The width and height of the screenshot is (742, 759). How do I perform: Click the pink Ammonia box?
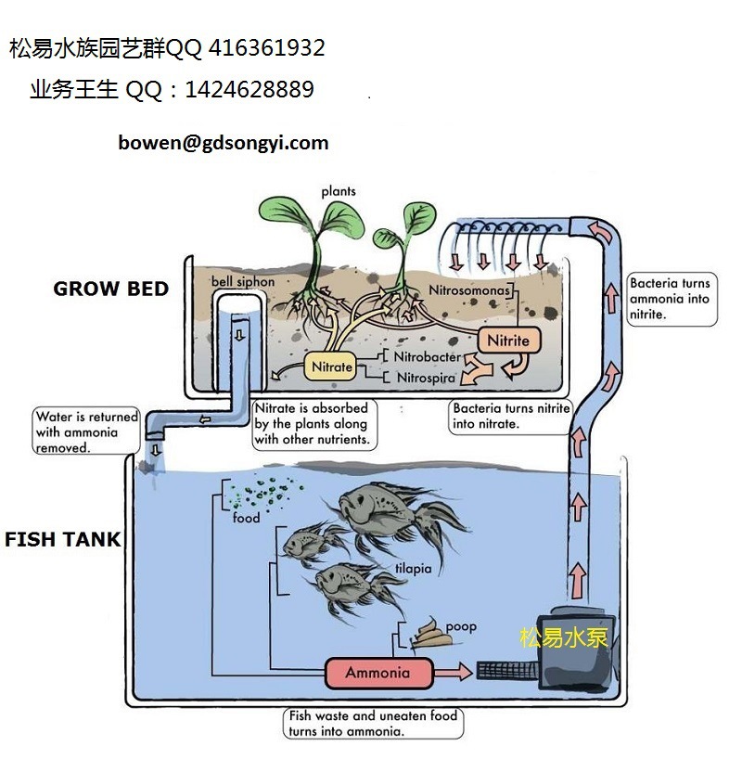(x=377, y=673)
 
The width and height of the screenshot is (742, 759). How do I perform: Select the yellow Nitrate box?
(x=331, y=367)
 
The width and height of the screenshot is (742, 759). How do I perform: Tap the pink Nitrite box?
(x=507, y=341)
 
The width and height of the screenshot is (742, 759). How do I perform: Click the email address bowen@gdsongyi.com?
(x=224, y=143)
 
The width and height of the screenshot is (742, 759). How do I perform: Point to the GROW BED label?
(x=111, y=289)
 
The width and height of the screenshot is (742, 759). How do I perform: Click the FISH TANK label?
(x=63, y=539)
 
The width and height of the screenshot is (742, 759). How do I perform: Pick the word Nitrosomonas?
(x=469, y=290)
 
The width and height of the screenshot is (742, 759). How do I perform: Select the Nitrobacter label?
(x=427, y=356)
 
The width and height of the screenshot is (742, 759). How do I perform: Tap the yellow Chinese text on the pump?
(x=563, y=637)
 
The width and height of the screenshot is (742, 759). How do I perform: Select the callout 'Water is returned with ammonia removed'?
(x=86, y=431)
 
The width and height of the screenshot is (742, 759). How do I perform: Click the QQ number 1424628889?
(x=249, y=90)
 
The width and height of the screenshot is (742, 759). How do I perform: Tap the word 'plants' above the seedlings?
(x=339, y=191)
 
